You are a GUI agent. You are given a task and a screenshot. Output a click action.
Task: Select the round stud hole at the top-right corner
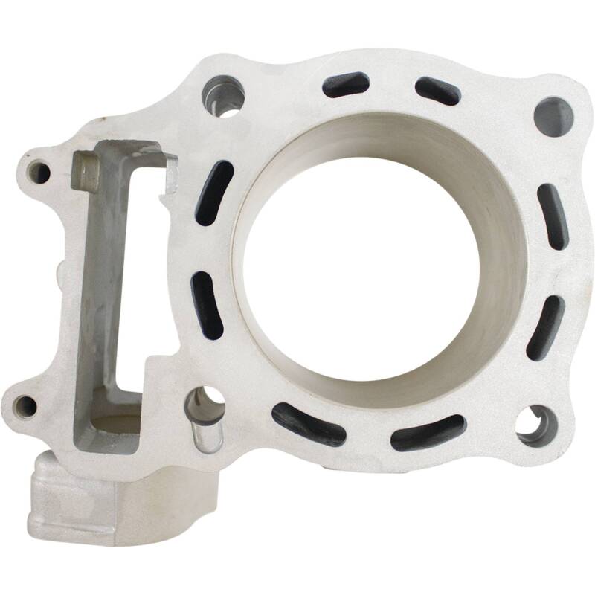[x=553, y=116]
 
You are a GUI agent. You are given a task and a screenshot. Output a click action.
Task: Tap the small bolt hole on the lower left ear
[x=25, y=405]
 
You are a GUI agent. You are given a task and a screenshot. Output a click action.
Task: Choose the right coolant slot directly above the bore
[x=437, y=90]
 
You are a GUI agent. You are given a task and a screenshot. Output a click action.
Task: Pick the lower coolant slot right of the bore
[x=546, y=327]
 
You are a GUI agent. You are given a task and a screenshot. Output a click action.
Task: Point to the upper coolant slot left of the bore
[x=214, y=193]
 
